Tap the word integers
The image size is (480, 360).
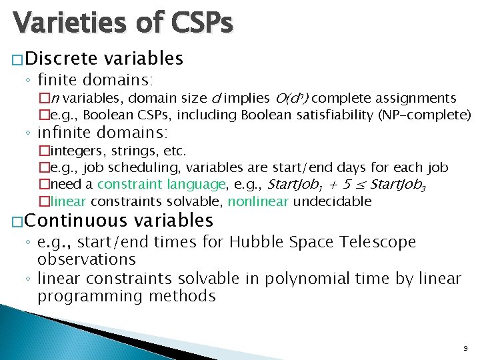click(x=73, y=151)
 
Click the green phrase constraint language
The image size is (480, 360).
click(x=162, y=184)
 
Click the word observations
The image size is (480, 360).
click(x=87, y=259)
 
